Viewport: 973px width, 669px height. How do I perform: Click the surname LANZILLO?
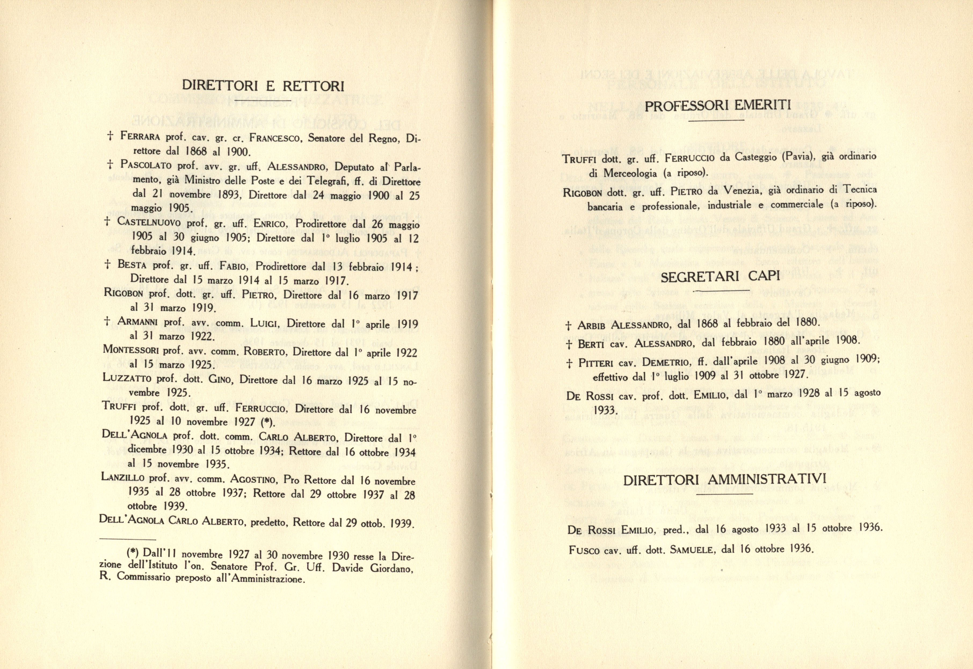[x=123, y=478]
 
